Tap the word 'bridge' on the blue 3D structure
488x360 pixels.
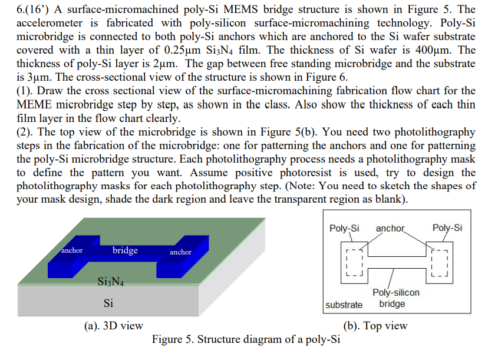click(x=125, y=250)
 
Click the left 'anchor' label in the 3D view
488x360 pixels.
click(x=72, y=250)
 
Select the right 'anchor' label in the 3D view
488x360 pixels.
click(x=180, y=252)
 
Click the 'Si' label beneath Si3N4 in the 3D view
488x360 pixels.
click(x=108, y=303)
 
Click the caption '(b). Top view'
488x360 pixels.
click(x=375, y=326)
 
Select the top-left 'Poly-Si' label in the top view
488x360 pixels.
click(x=345, y=228)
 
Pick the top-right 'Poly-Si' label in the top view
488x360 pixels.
click(x=447, y=228)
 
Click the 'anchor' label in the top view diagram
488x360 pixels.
click(x=390, y=228)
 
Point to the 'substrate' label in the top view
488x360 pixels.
click(x=344, y=305)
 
